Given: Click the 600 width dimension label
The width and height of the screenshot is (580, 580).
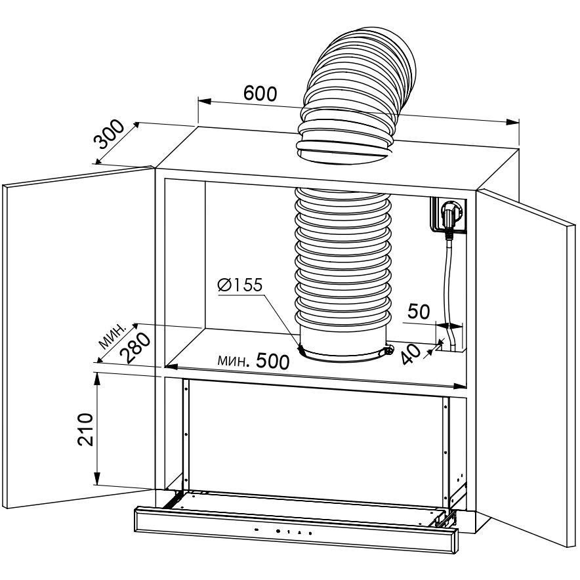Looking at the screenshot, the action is tap(260, 94).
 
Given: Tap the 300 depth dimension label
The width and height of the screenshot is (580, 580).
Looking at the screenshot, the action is tap(110, 134).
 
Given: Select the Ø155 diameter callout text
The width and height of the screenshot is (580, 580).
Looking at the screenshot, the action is tap(240, 285).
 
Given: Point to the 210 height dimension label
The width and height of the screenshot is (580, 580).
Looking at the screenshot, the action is tap(85, 430).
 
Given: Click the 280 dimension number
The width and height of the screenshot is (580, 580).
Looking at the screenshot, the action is tap(136, 348).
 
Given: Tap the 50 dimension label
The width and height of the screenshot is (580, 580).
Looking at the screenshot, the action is tap(419, 312).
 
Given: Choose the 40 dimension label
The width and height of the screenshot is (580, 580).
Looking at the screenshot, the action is tap(411, 354).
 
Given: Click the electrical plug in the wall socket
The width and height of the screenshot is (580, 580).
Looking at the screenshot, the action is tap(450, 215).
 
